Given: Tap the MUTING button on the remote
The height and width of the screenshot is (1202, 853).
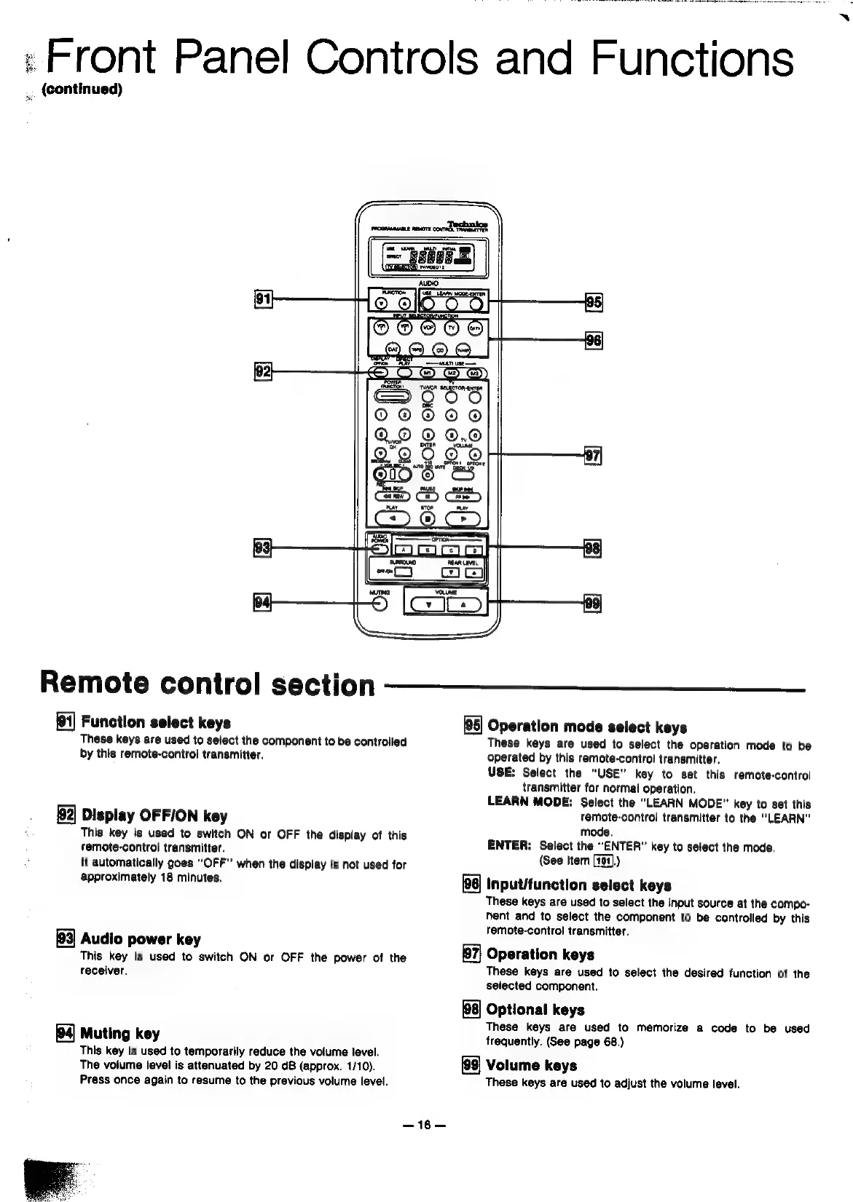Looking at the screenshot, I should [380, 605].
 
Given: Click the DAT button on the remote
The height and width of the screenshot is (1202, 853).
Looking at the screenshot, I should [393, 350].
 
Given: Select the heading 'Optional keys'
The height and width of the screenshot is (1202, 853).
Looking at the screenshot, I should [535, 1009].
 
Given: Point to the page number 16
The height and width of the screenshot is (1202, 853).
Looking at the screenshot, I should [423, 1125].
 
